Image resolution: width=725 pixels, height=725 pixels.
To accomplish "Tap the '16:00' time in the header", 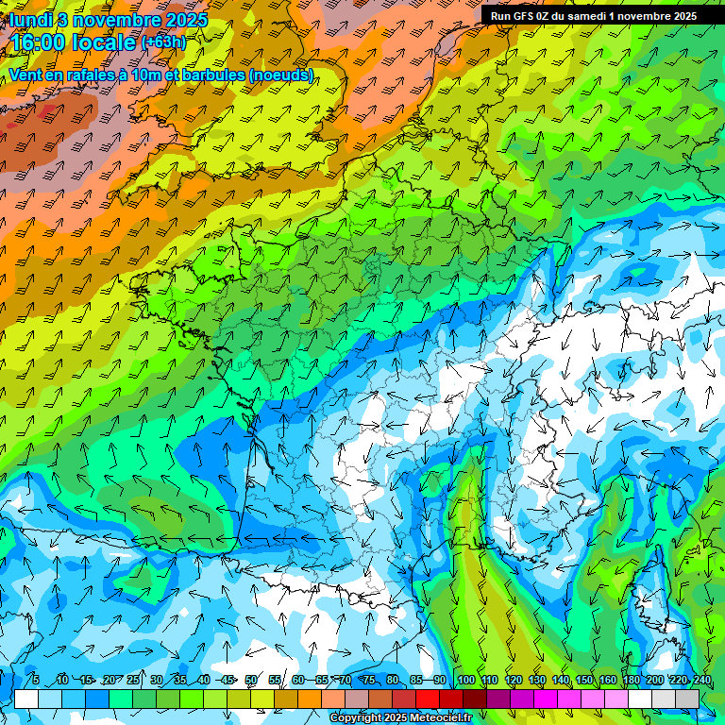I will [39, 42].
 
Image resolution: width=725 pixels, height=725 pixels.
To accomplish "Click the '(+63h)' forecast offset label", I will [164, 42].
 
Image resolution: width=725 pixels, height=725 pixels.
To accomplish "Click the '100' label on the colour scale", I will [465, 680].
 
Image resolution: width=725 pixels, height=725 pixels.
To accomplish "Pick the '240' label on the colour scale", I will [701, 680].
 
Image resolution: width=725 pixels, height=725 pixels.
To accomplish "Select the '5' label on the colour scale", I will [35, 680].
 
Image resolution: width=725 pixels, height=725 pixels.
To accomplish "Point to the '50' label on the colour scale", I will [251, 680].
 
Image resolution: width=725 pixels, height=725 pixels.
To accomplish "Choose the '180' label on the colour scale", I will [631, 680].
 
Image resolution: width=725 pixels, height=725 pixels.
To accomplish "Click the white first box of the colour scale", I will [26, 699].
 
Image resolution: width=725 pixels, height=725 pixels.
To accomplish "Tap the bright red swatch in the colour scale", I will [428, 699].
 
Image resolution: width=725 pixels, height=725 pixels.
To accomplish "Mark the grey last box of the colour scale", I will [687, 699].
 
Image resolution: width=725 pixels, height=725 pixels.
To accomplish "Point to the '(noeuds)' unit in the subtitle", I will [279, 76].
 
